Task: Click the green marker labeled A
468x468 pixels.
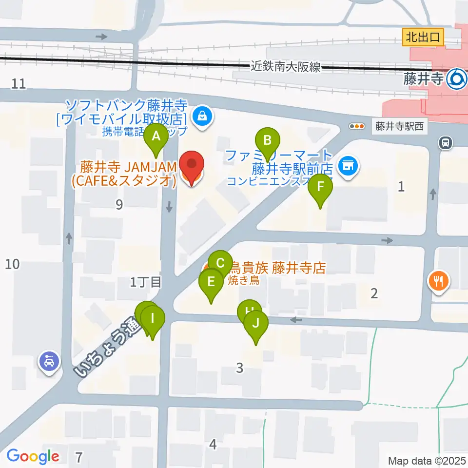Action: tap(156, 137)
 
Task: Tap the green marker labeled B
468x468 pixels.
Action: tap(267, 141)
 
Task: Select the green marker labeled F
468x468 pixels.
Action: tap(320, 187)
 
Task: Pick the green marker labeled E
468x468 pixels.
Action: tap(211, 282)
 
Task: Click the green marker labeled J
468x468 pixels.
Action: tap(256, 323)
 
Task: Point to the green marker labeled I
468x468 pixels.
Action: tap(153, 319)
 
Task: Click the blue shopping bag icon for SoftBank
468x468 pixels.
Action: tap(201, 116)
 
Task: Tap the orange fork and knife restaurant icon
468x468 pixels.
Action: tap(438, 281)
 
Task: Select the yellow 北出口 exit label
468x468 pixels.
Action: tap(423, 37)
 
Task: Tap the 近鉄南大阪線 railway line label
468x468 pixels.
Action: tap(286, 67)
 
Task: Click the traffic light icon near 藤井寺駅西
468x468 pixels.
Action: tap(357, 126)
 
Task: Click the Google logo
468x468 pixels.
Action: tap(33, 456)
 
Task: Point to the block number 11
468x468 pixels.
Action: tap(19, 83)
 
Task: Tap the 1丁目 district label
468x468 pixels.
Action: tap(145, 282)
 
